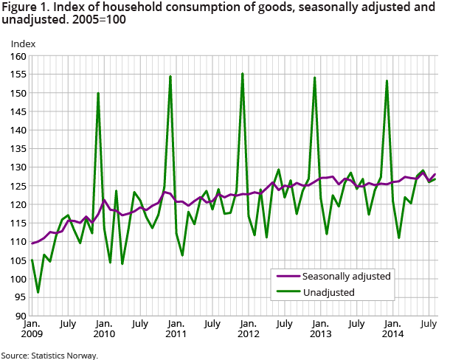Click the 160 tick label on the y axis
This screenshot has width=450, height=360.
coord(18,56)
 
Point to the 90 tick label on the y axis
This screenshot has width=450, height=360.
coord(20,316)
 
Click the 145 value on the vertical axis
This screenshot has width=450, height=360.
coord(18,111)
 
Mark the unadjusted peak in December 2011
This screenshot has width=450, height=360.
coord(243,74)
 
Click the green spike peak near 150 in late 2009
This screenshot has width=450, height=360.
coord(98,93)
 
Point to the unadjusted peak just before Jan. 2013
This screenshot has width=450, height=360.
coord(315,77)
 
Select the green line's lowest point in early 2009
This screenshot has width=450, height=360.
coord(38,292)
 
